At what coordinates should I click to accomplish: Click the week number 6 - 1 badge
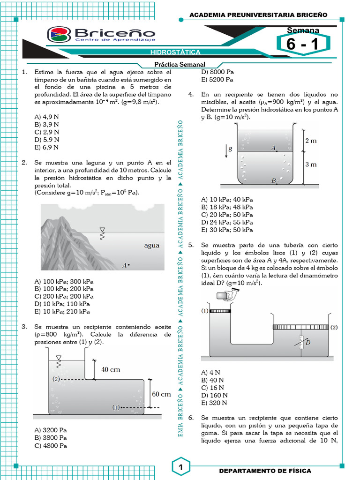click(302, 45)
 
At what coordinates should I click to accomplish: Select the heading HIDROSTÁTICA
click(175, 52)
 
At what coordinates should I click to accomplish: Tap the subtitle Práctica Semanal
click(180, 65)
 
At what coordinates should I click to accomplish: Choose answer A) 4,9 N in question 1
click(47, 117)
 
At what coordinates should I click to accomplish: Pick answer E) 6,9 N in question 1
click(47, 147)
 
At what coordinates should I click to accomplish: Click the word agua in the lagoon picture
click(151, 245)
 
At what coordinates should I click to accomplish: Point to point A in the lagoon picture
click(128, 265)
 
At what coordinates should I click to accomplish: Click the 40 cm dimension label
click(111, 369)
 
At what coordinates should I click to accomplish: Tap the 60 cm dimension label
click(161, 394)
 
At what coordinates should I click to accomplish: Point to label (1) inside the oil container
click(116, 407)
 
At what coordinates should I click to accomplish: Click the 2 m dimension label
click(311, 141)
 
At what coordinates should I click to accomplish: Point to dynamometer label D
click(307, 343)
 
